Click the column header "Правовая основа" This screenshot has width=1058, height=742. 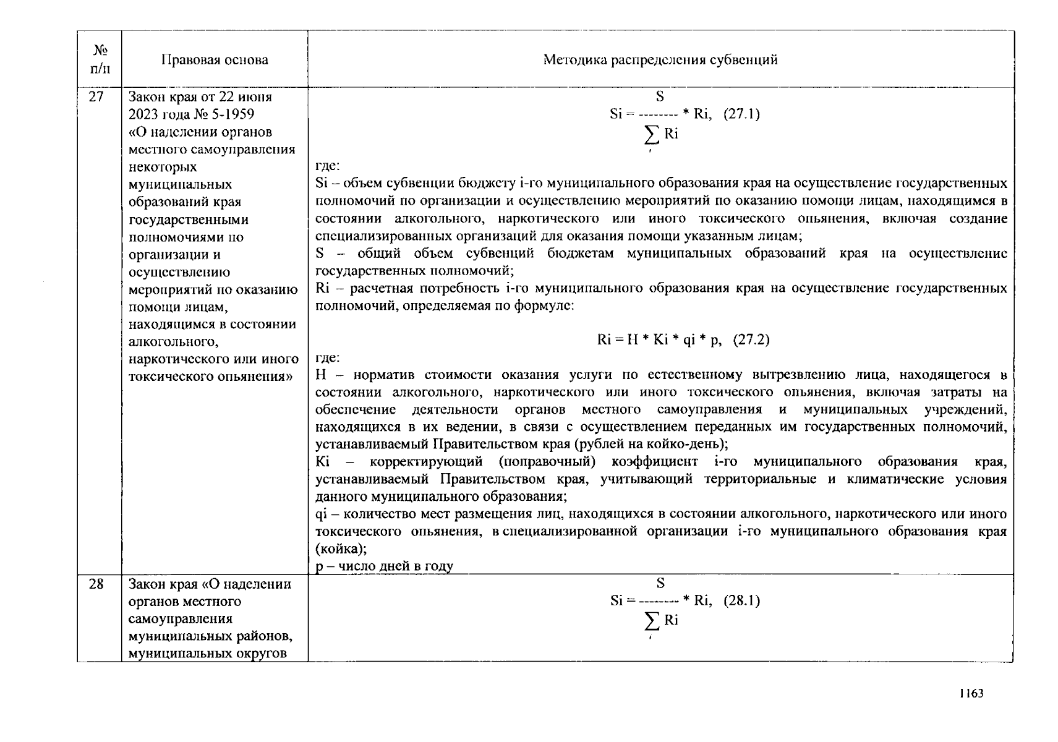point(215,60)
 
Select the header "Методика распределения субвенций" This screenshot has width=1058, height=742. point(660,60)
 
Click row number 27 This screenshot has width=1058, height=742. point(96,97)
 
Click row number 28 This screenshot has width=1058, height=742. point(96,584)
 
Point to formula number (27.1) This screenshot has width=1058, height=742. point(741,114)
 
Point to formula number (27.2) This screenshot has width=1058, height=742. point(751,340)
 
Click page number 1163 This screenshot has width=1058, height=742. point(971,693)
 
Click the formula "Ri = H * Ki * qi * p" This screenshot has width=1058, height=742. point(659,340)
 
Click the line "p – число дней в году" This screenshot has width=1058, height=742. point(384,566)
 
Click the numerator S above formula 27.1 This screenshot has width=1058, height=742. point(660,96)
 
